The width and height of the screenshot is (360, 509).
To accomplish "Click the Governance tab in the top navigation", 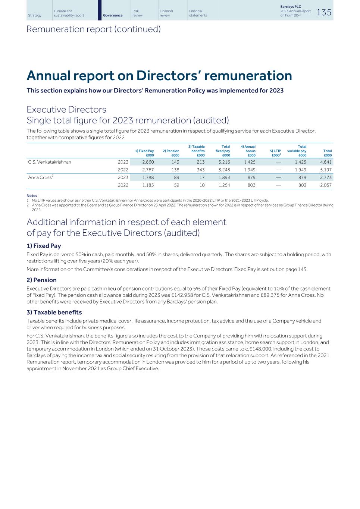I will pos(113,15).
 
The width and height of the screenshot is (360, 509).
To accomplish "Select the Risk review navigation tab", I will pos(135,13).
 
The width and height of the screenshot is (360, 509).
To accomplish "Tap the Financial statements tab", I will pos(198,13).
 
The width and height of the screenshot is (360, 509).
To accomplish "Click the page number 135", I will pos(324,13).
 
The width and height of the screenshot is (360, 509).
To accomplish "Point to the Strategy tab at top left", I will pos(35,15).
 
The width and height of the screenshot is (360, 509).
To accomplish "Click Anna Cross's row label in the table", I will pos(40,177).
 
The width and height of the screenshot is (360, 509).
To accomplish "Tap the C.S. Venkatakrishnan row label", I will pos(50,162).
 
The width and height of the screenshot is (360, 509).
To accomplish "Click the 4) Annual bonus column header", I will pos(248,151).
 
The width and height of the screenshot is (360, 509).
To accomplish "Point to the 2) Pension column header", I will pos(171,153).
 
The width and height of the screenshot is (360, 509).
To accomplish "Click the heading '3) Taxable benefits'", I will pos(54,312).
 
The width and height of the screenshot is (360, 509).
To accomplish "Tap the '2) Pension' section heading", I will pos(41,280).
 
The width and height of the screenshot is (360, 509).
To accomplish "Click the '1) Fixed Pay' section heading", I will pos(44,246).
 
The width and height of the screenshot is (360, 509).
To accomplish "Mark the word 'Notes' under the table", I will pos(32,195).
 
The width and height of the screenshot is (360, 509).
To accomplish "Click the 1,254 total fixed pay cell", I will pos(224,185).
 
